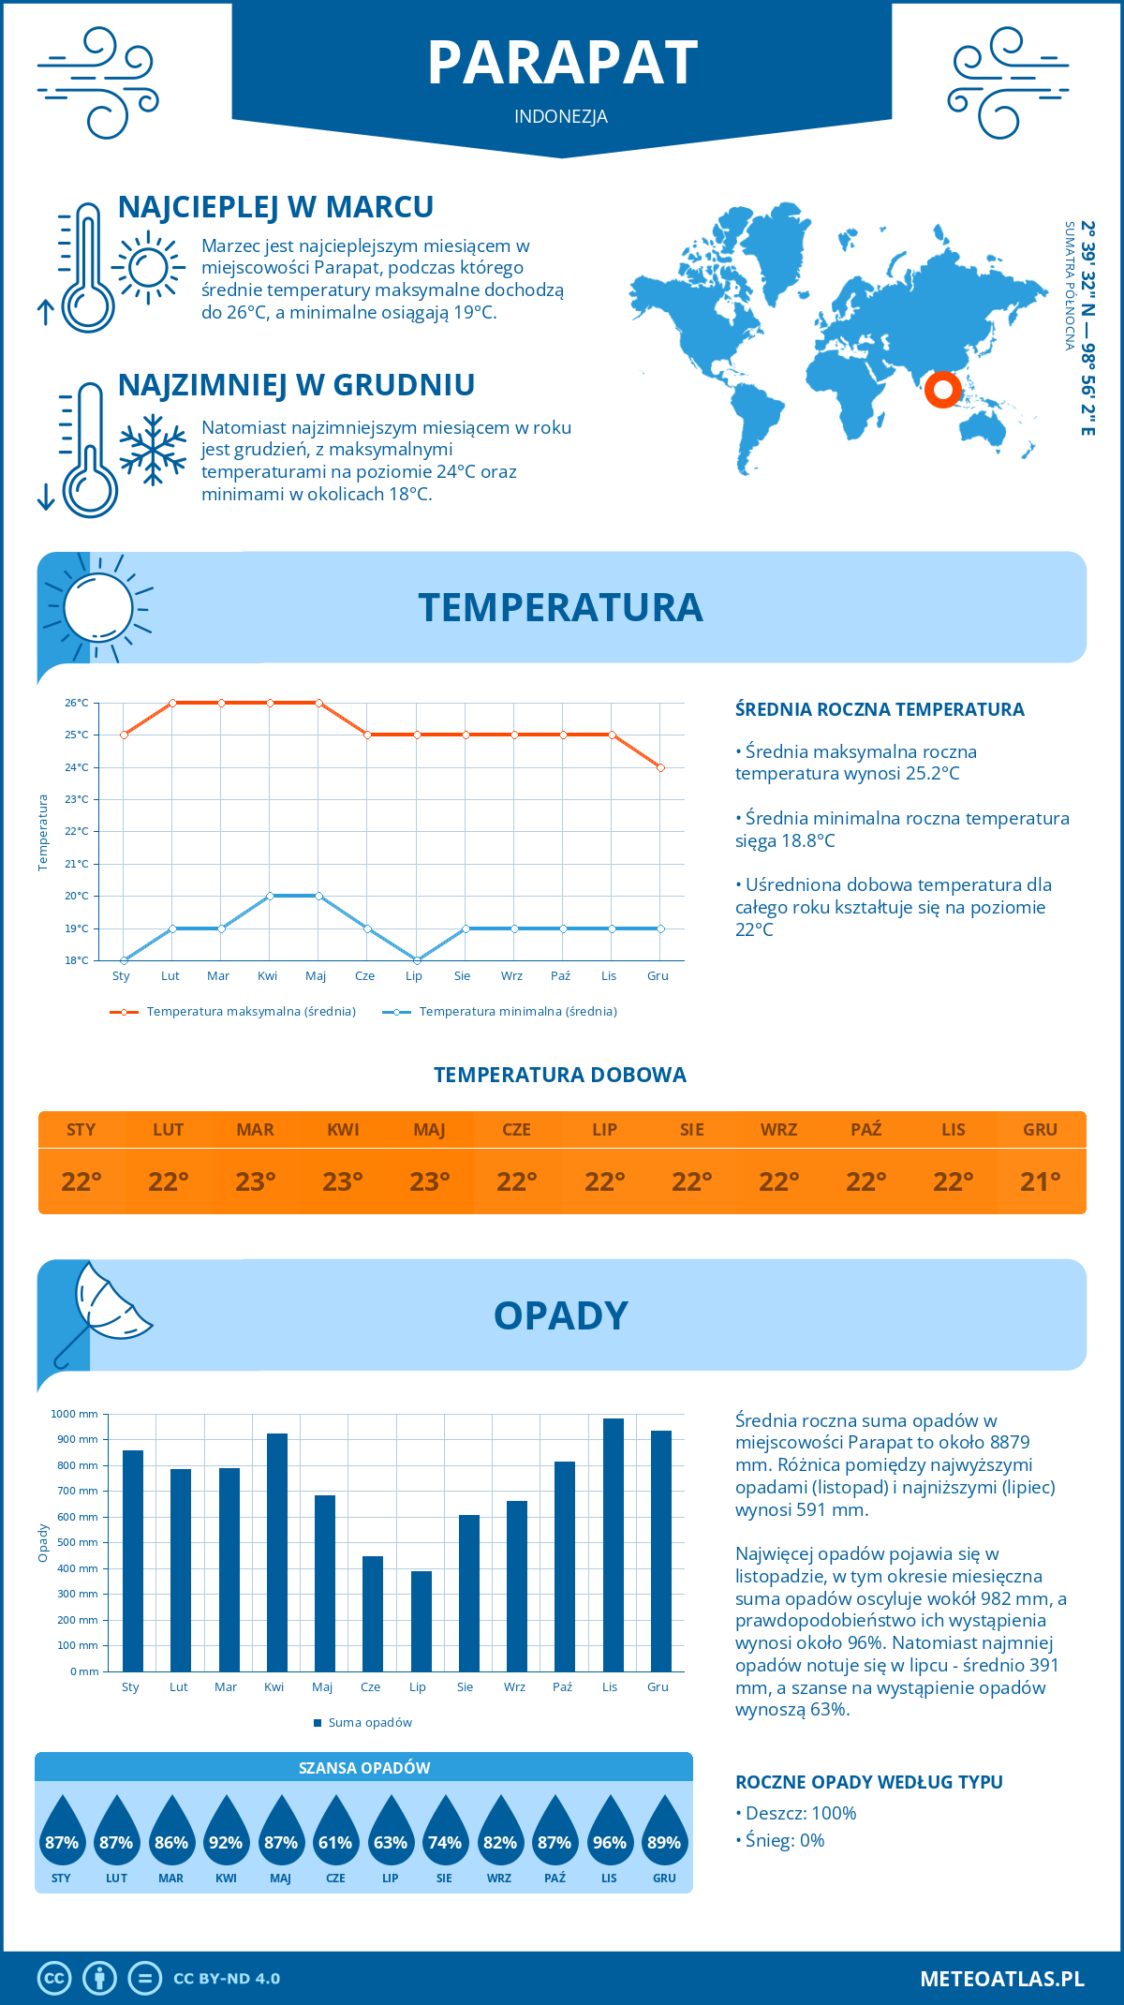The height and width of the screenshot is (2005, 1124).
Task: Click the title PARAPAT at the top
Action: tap(562, 64)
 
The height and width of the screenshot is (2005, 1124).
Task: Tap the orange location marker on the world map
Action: tap(942, 389)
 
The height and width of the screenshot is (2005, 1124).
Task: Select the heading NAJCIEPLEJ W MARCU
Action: tap(275, 207)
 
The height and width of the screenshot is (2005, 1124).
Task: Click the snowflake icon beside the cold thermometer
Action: tap(153, 450)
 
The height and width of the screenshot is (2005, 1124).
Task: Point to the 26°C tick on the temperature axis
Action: tap(77, 703)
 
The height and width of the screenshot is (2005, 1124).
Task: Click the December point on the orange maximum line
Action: tap(660, 767)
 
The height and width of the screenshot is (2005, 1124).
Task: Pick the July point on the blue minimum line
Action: tap(416, 960)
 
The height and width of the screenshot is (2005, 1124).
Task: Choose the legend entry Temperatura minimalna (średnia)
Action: tap(517, 1012)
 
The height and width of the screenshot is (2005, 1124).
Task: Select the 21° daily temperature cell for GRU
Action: tap(1040, 1181)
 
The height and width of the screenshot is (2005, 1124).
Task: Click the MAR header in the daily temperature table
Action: tap(255, 1130)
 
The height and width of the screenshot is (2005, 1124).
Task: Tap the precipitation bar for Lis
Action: tap(613, 1545)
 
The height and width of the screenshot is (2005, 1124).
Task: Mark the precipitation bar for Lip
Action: tap(421, 1621)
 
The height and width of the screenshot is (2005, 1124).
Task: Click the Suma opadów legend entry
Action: tap(369, 1723)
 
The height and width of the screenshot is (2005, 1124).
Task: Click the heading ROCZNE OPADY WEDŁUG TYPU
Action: tap(868, 1782)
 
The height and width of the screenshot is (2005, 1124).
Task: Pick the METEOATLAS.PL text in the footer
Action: tap(1001, 1979)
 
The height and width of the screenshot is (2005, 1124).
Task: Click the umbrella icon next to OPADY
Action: tap(104, 1307)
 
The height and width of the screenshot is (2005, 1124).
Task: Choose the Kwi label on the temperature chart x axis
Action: tap(268, 976)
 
